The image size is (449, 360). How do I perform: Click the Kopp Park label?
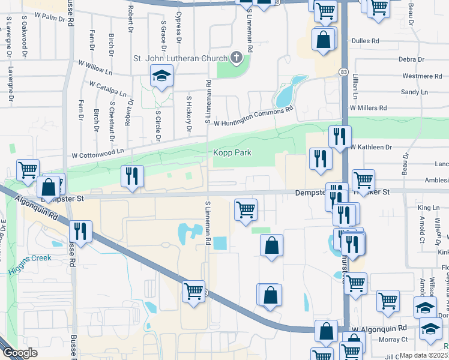click(232, 153)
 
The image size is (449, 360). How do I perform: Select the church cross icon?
click(237, 58)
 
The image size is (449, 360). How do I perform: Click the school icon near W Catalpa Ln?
click(160, 76)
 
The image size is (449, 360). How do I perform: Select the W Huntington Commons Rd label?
click(252, 115)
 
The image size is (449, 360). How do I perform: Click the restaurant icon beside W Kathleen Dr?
click(340, 136)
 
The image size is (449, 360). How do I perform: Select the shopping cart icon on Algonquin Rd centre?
click(193, 292)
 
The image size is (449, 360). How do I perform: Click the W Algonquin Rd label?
click(379, 329)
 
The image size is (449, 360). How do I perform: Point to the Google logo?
click(20, 353)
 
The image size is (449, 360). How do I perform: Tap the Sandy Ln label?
click(410, 92)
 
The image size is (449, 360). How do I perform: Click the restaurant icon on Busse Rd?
click(80, 231)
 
